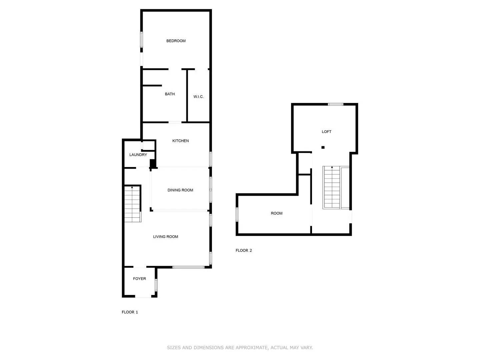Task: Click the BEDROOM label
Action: tap(176, 41)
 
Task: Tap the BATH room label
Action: tap(170, 94)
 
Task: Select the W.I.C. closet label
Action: tap(198, 97)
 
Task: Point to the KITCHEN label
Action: tap(180, 141)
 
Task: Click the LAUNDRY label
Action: tap(138, 155)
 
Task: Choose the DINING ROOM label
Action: tap(180, 190)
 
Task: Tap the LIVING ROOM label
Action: tap(165, 237)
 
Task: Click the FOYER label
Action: tap(139, 279)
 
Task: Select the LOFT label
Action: tap(326, 132)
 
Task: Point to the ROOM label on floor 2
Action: tap(276, 213)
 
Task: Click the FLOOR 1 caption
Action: tap(130, 312)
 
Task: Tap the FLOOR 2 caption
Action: tap(244, 251)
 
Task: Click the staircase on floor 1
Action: tap(132, 204)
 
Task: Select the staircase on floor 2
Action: tap(332, 187)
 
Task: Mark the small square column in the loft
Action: tap(323, 147)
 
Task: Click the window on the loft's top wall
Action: tap(335, 104)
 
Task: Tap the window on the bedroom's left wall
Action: tap(141, 39)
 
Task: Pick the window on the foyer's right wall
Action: tap(156, 285)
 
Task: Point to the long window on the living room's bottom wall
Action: tap(188, 267)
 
